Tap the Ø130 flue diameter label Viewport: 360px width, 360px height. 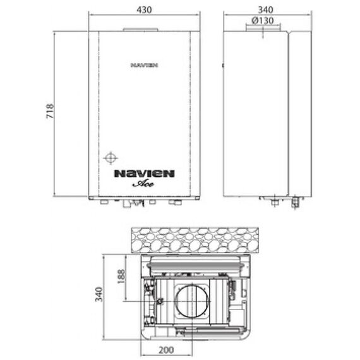click(x=261, y=20)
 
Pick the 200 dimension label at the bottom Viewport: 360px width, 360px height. click(x=166, y=350)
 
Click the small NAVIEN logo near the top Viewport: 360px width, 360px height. click(x=144, y=64)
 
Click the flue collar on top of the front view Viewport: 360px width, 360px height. click(x=138, y=30)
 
